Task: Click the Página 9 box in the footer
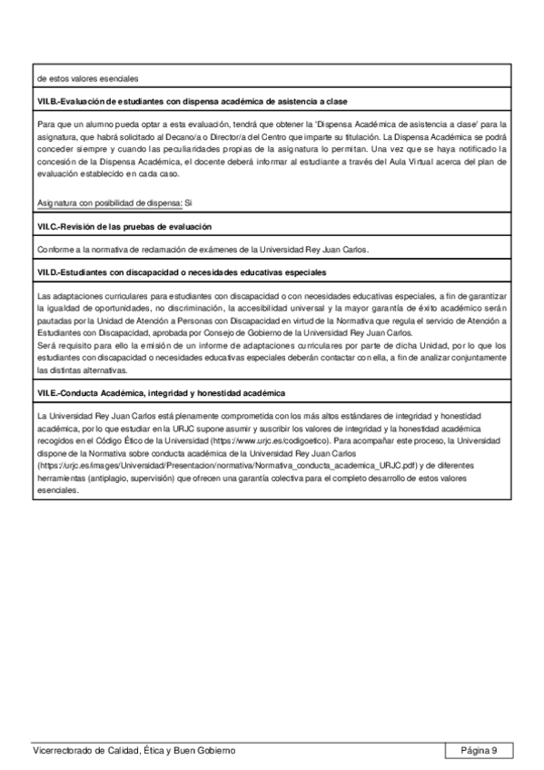coord(479,751)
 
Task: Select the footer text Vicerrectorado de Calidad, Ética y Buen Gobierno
coord(134,751)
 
